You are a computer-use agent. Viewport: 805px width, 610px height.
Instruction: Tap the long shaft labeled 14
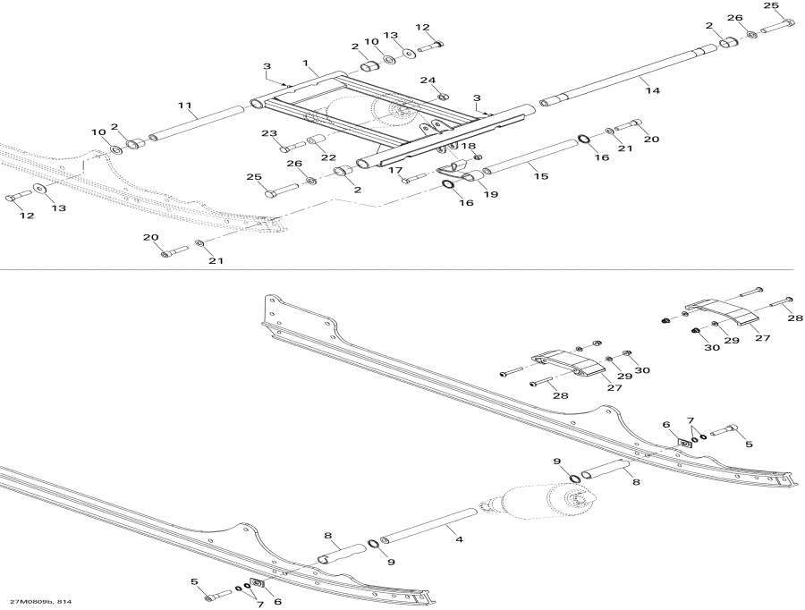tap(628, 75)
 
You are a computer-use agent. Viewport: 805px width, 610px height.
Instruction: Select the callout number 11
tap(185, 106)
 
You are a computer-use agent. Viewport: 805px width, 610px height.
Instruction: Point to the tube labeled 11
tap(196, 123)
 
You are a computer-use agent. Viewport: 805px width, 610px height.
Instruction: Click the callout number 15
tap(541, 176)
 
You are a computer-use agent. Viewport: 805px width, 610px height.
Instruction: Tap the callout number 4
tap(459, 539)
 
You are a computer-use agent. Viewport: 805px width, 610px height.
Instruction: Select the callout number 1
tap(306, 64)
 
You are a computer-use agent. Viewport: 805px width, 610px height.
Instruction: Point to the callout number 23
tap(269, 133)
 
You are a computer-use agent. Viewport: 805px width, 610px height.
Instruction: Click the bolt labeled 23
tap(292, 148)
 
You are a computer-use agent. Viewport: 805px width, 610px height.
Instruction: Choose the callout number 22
tap(328, 157)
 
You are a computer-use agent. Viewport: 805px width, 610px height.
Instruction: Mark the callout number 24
tap(428, 80)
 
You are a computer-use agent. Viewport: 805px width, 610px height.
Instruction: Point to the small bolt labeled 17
tap(413, 179)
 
